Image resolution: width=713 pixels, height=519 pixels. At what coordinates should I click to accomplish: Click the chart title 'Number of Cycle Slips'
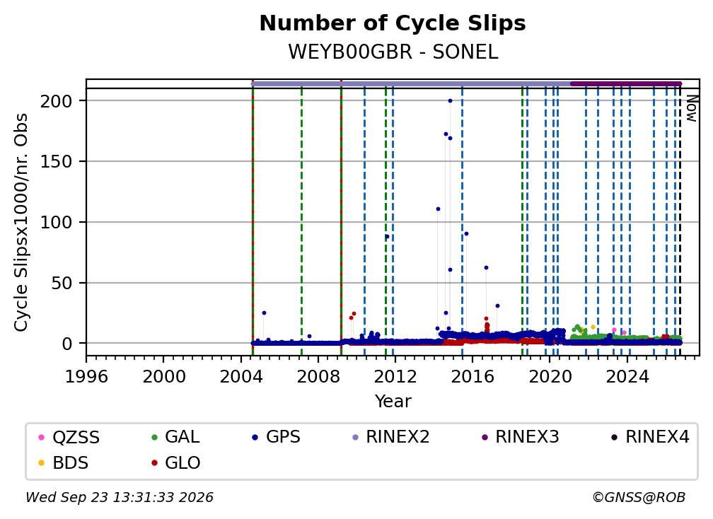pos(393,23)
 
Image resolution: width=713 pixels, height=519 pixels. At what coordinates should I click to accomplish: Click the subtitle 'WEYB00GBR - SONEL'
pos(393,52)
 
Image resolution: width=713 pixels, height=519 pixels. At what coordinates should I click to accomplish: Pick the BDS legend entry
pos(64,462)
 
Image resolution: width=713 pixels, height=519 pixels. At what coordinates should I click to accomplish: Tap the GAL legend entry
pos(175,437)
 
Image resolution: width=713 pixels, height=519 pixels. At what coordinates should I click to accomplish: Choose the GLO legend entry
pos(176,462)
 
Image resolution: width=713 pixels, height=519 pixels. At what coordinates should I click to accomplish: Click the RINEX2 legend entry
pos(391,437)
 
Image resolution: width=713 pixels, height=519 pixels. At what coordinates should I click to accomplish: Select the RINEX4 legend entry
pos(650,437)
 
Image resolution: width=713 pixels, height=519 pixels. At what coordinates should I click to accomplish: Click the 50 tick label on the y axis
pos(62,283)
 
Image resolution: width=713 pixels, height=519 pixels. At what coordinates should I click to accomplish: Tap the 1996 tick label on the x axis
pos(86,376)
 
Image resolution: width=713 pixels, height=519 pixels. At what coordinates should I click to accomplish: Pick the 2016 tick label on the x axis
pos(472,376)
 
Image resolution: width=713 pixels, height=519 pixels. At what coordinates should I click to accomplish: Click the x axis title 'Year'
pos(393,402)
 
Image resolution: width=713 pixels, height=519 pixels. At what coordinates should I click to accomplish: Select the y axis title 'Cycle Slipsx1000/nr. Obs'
pos(21,222)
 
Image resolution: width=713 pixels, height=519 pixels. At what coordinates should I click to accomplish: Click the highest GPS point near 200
pos(450,101)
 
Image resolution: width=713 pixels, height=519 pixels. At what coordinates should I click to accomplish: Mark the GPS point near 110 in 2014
pos(438,209)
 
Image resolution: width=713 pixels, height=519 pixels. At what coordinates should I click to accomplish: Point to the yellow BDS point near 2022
pos(593,327)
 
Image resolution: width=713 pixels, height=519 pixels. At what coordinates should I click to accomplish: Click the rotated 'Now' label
pos(692,108)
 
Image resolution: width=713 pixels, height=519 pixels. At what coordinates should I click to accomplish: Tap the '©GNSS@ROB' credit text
pos(639,497)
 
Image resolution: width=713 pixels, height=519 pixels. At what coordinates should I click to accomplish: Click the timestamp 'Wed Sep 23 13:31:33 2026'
pos(120,497)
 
